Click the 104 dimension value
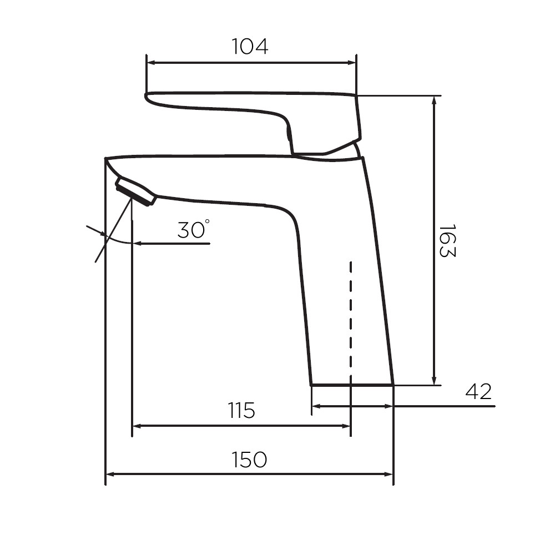[250, 47]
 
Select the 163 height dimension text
[447, 240]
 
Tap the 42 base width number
[478, 391]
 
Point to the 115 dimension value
[241, 410]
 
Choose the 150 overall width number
[249, 460]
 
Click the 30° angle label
[193, 230]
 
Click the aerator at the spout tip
[135, 191]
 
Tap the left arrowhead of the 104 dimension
[151, 63]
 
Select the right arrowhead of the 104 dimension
[352, 63]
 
